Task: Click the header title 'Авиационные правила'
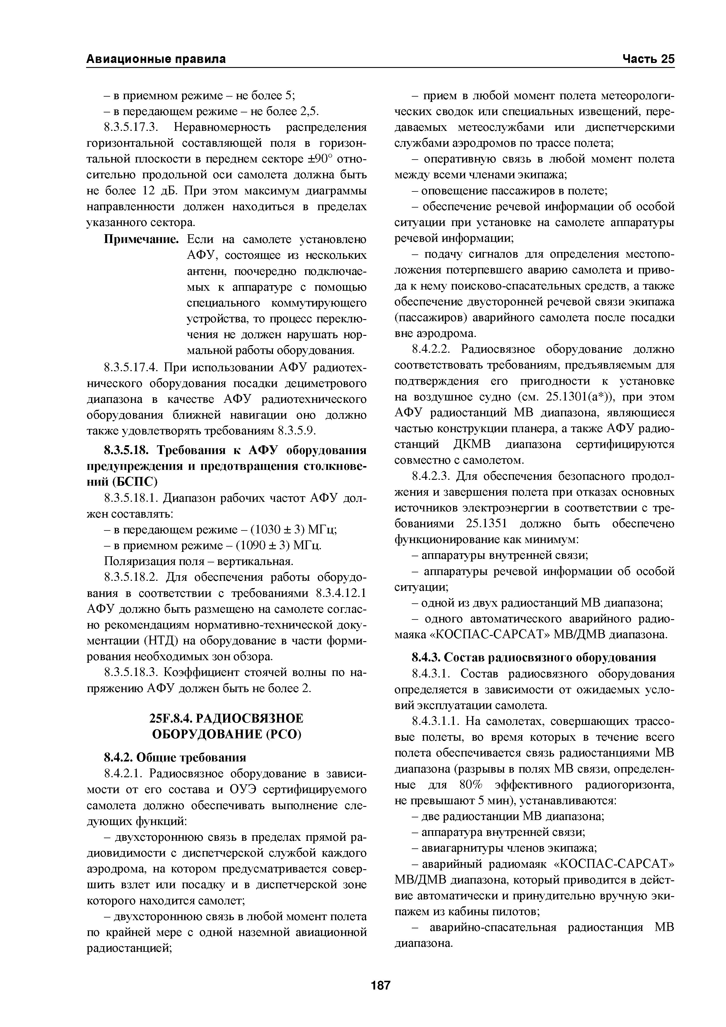pyautogui.click(x=156, y=59)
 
